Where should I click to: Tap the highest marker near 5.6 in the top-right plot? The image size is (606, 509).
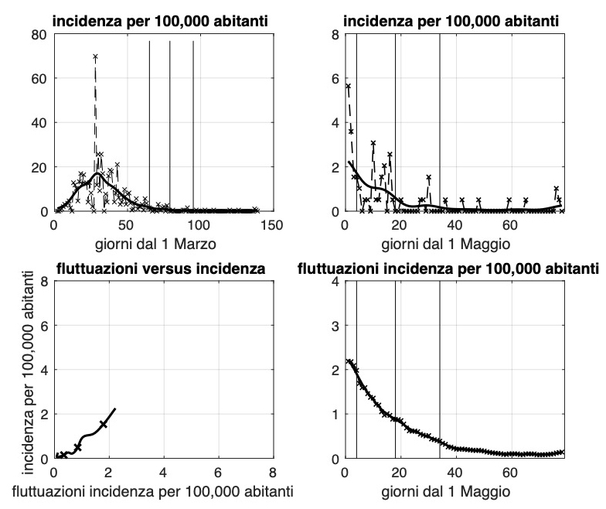(x=348, y=87)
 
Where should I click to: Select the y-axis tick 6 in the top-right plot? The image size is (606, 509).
(x=335, y=78)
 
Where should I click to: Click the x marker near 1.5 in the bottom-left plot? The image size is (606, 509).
(x=104, y=424)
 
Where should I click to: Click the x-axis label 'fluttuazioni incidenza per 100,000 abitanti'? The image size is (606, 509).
(x=162, y=489)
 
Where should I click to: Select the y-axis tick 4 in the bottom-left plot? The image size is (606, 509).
(x=44, y=370)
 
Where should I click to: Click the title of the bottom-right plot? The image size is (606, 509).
(x=449, y=268)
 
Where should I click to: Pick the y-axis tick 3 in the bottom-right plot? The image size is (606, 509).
(x=335, y=326)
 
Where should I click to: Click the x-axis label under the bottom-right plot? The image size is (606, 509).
(x=454, y=489)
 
